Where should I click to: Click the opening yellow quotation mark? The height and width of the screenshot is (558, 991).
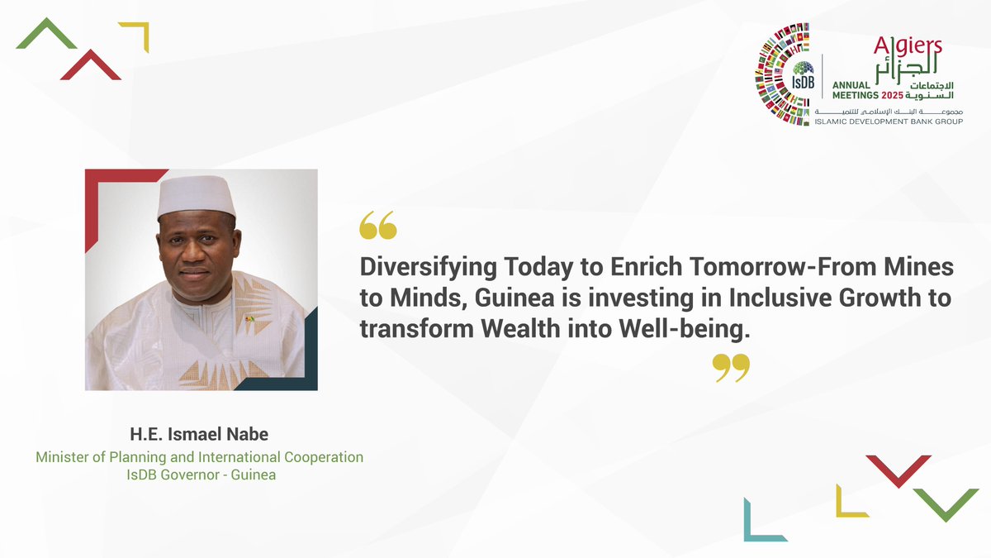(x=378, y=225)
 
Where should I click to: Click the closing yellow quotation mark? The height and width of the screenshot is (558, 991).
(x=731, y=368)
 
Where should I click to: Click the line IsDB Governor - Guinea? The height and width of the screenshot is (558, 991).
(x=199, y=475)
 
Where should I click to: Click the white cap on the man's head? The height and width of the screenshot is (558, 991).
(x=196, y=196)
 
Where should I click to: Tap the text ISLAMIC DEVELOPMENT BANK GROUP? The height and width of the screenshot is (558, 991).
(x=889, y=122)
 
